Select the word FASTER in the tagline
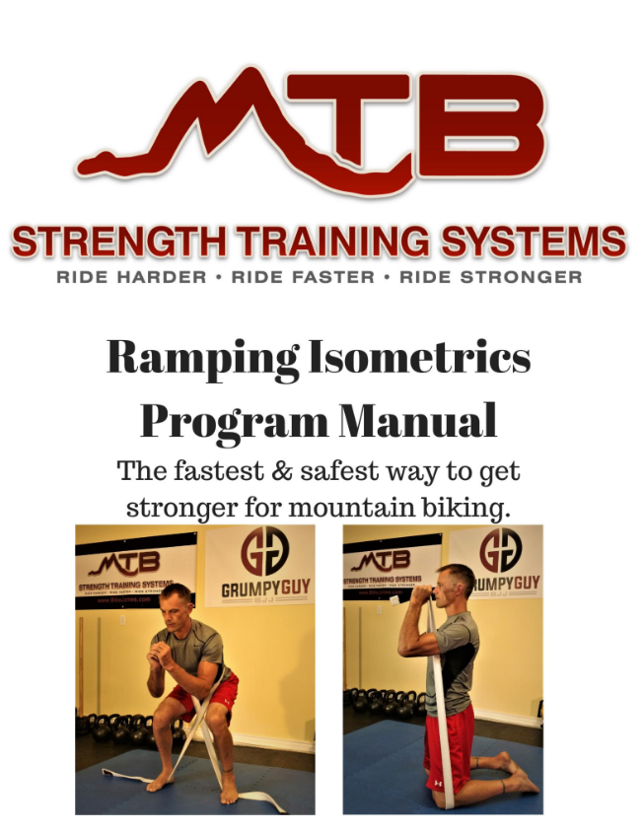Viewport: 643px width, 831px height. [x=302, y=277]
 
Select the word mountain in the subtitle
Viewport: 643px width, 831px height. [x=378, y=508]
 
